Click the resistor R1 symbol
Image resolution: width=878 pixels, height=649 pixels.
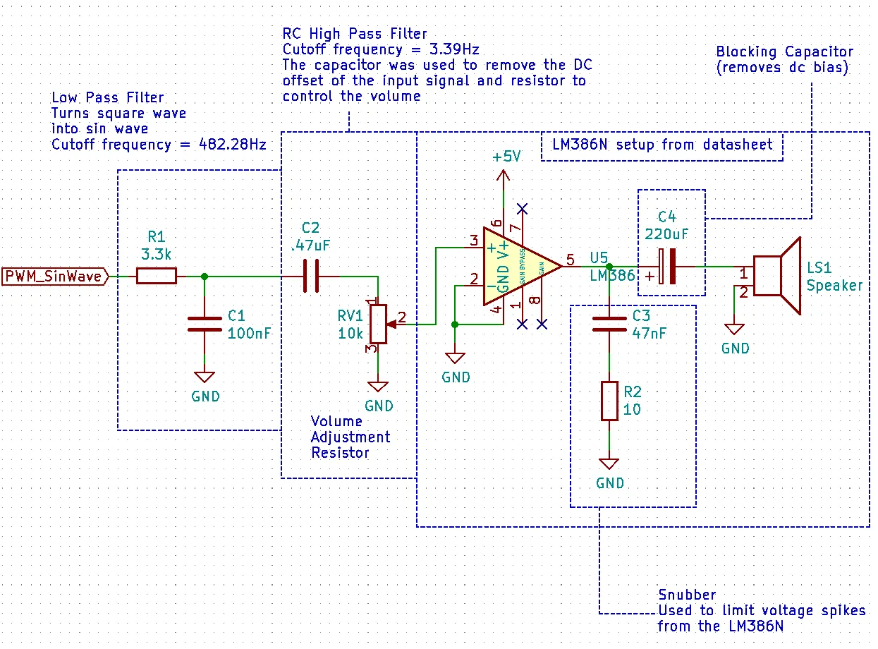click(156, 276)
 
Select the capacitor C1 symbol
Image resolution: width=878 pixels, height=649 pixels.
click(205, 324)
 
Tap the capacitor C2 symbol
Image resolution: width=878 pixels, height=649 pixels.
click(311, 276)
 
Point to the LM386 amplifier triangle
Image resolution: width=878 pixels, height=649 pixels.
click(518, 267)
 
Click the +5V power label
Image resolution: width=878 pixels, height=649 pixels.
click(506, 157)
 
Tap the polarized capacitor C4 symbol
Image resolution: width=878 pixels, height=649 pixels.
click(667, 267)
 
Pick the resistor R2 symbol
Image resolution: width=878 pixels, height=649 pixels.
click(609, 401)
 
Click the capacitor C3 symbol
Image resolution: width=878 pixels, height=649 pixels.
click(609, 324)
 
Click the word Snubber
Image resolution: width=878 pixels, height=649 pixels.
click(688, 595)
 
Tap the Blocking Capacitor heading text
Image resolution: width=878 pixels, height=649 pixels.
click(784, 51)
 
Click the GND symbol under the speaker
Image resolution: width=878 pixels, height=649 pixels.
click(735, 329)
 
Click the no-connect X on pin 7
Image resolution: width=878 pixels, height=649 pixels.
click(523, 208)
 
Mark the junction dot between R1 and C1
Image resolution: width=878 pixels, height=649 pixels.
click(205, 276)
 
